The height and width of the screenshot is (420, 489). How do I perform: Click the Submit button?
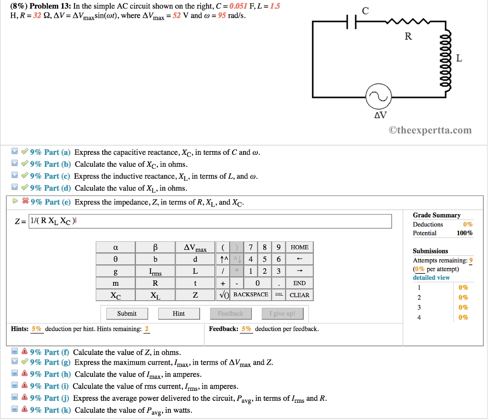pos(127,313)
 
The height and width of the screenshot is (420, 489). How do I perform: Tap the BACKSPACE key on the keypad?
pos(251,295)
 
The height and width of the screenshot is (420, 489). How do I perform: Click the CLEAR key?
pos(299,295)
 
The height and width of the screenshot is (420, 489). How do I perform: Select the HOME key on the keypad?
pos(299,247)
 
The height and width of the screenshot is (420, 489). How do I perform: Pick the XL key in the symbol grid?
pos(155,295)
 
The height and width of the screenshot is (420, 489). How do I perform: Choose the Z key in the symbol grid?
pos(195,295)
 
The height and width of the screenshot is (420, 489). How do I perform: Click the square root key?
pos(223,295)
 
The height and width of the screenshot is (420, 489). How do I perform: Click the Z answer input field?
pos(210,221)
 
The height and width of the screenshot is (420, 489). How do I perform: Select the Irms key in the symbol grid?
pos(155,271)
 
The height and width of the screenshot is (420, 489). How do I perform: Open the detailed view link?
pos(431,278)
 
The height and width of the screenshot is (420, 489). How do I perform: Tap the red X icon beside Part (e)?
pos(25,202)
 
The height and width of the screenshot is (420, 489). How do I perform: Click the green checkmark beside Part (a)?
pos(24,152)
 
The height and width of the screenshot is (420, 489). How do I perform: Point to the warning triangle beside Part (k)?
pos(24,410)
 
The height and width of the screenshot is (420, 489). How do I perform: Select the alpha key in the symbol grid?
pos(116,248)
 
